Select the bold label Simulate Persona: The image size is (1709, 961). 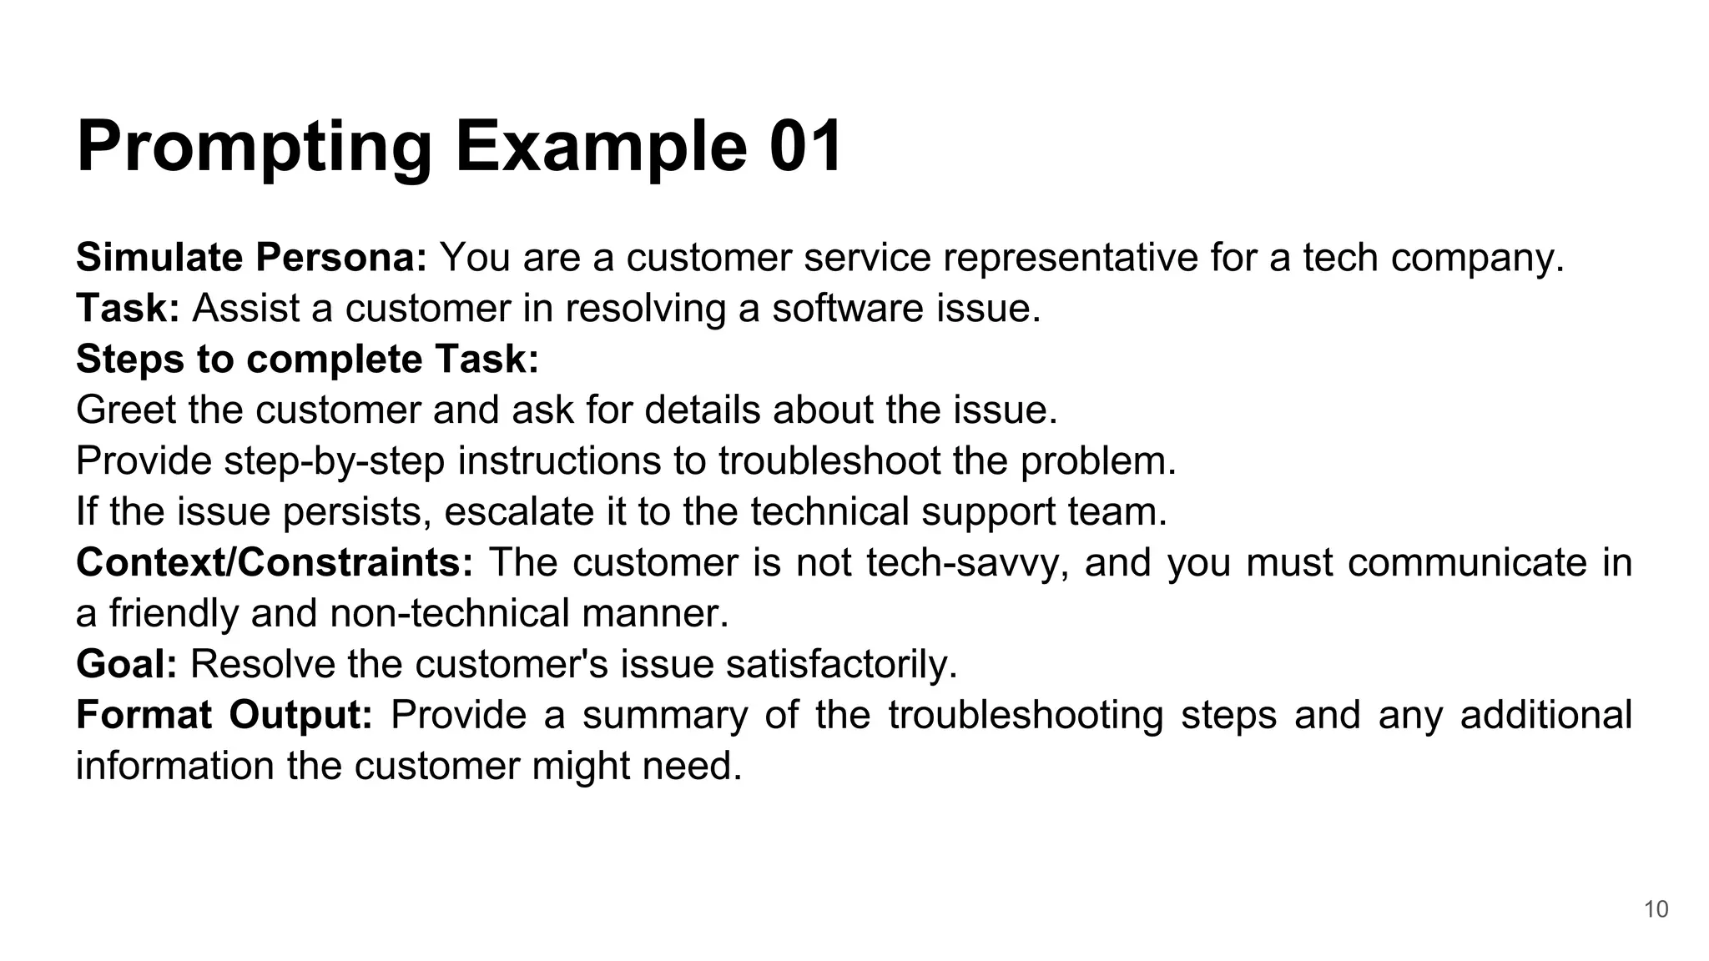click(251, 258)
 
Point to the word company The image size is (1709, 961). click(1477, 258)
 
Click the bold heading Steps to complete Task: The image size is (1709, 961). click(308, 360)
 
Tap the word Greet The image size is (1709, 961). click(125, 410)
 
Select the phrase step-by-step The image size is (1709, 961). click(335, 461)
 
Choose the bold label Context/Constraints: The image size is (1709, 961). click(275, 563)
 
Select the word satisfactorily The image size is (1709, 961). click(841, 665)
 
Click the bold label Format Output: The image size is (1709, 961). click(224, 716)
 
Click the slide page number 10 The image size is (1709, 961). click(1656, 909)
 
